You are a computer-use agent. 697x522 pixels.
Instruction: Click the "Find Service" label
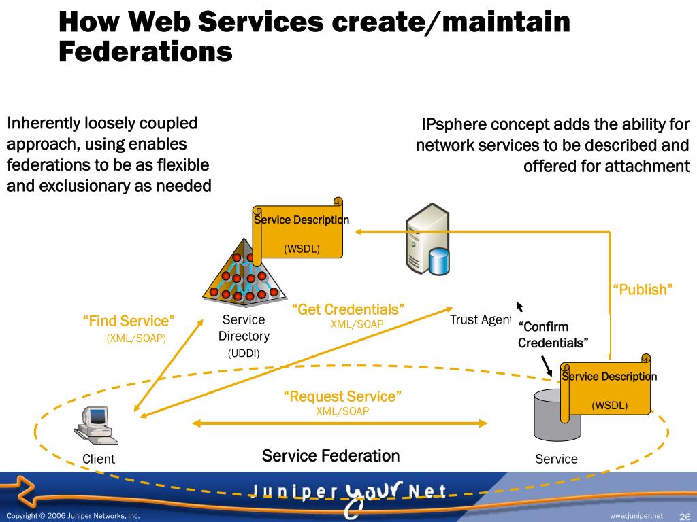pos(129,321)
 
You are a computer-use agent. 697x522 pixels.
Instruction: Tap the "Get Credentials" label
pos(348,310)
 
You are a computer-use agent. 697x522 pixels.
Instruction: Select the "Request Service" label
pos(342,396)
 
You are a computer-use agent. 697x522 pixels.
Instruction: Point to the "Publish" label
pos(643,290)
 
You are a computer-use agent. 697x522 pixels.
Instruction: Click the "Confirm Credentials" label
pos(553,335)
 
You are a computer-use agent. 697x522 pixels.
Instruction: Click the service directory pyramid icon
pos(242,275)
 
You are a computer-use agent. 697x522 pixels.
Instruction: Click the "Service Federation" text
pos(331,456)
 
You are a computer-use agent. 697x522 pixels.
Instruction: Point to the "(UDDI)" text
pos(244,353)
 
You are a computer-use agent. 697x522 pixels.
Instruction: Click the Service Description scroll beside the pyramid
pos(297,229)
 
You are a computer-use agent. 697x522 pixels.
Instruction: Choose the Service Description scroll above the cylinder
pos(605,385)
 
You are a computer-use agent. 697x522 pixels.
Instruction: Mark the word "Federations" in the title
pos(146,52)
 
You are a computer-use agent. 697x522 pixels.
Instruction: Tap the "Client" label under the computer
pos(99,459)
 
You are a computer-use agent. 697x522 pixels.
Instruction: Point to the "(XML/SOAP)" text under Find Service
pos(136,338)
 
